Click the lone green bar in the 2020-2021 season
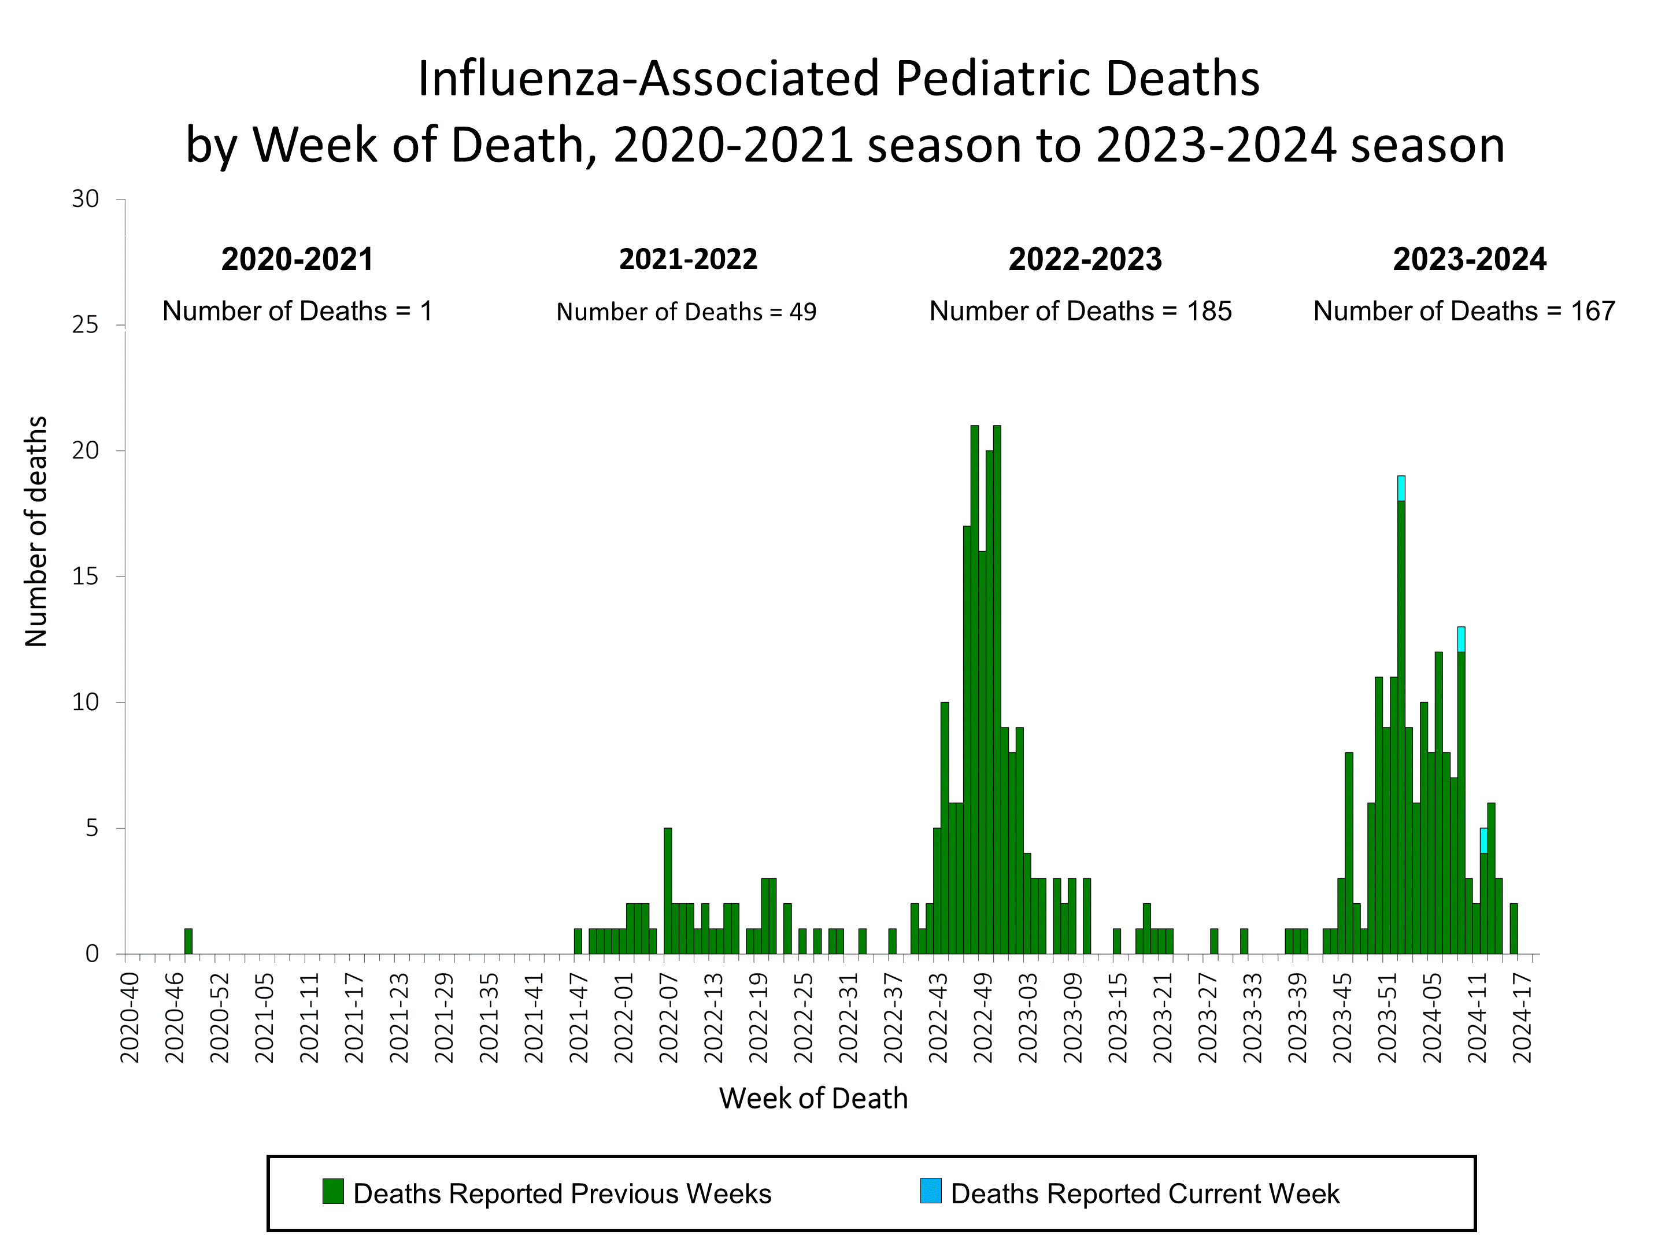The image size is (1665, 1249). coord(188,941)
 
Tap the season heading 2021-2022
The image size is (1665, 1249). coord(688,260)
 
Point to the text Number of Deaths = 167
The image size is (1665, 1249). coord(1464,312)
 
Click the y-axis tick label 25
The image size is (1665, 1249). coord(85,325)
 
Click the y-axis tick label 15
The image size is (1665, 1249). coord(85,577)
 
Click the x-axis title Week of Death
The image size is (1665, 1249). coord(813,1099)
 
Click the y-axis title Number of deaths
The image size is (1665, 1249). coord(36,531)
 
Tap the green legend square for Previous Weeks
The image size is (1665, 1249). coord(332,1191)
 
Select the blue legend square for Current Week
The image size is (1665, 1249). coord(930,1191)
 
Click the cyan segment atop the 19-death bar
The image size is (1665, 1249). coord(1401,489)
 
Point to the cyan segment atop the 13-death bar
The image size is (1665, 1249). coord(1461,639)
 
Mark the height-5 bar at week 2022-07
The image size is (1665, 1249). coord(668,890)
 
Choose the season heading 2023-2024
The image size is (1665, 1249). coord(1469,260)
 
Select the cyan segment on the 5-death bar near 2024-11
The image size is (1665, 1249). coord(1483,840)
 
